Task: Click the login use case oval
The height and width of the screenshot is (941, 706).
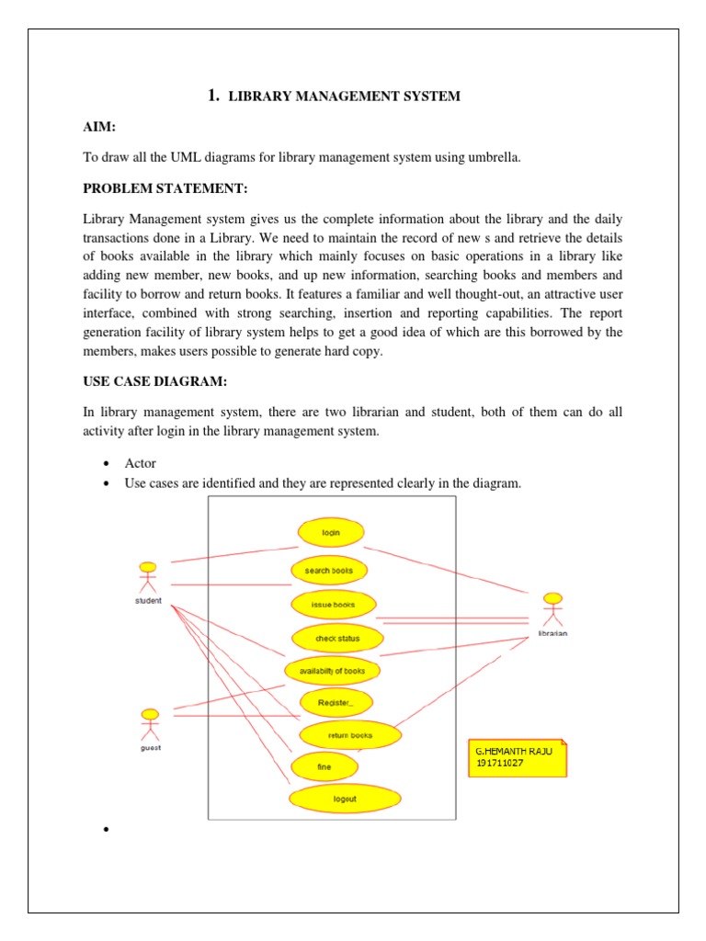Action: (x=331, y=532)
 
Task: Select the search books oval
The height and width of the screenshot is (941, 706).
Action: (x=328, y=571)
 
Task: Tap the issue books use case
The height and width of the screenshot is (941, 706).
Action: (x=333, y=605)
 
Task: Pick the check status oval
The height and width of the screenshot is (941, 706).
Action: (x=337, y=638)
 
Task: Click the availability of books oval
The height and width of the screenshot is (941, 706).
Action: (x=332, y=671)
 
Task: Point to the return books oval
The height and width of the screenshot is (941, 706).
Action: (x=349, y=735)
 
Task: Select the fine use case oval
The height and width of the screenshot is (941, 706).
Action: (x=324, y=766)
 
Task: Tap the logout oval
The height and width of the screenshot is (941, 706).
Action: (x=344, y=799)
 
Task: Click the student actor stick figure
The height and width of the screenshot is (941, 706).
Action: (x=147, y=578)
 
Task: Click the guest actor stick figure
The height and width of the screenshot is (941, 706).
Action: (x=150, y=724)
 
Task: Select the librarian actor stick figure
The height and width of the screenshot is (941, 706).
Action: (x=552, y=610)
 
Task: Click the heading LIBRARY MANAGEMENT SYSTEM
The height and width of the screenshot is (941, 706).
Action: (x=343, y=96)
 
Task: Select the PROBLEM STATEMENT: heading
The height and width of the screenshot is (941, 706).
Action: (x=165, y=189)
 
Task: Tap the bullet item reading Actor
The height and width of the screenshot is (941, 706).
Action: (x=140, y=463)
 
